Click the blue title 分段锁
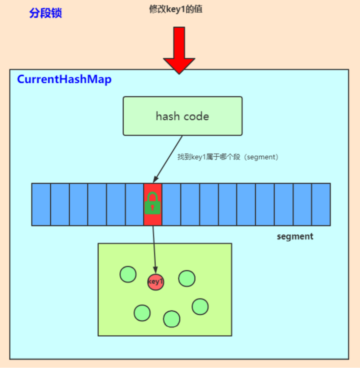[x=46, y=13]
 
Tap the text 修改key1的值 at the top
[x=176, y=9]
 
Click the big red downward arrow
[x=179, y=50]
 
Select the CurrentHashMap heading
[x=64, y=79]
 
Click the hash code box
[x=183, y=116]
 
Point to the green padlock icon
[x=152, y=203]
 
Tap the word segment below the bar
[x=295, y=236]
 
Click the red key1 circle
[x=155, y=282]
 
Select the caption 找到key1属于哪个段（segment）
[x=228, y=157]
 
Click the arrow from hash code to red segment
[x=168, y=159]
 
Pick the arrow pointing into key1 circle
[x=154, y=250]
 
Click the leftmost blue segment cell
[x=41, y=204]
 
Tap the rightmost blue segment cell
[x=321, y=204]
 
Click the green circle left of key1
[x=128, y=274]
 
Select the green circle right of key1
[x=187, y=279]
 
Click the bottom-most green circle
[x=172, y=319]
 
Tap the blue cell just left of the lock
[x=135, y=204]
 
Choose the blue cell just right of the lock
[x=171, y=204]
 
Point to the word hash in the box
[x=168, y=116]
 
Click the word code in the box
[x=196, y=116]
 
